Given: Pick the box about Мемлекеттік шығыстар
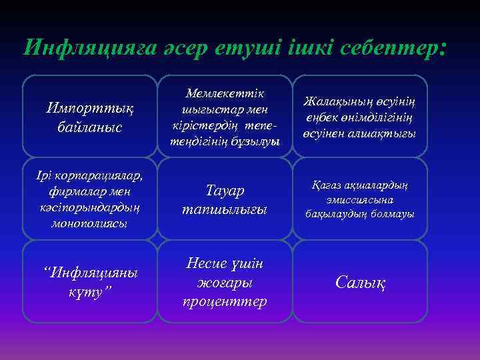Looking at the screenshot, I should tap(225, 115).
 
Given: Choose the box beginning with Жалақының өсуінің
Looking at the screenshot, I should tap(360, 115).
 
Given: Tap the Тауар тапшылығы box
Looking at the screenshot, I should tap(225, 199).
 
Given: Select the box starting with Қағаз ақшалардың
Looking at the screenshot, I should tap(360, 199).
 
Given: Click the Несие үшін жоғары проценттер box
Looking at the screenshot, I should tap(225, 282).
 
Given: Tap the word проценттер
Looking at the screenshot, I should tap(225, 301).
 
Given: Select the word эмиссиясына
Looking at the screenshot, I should tap(360, 199).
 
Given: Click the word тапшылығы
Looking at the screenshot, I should tap(225, 209).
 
